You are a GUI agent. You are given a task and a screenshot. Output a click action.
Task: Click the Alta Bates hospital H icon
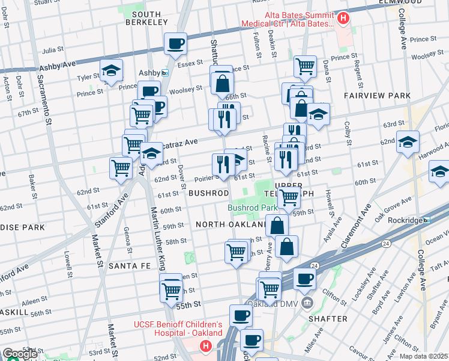(343, 19)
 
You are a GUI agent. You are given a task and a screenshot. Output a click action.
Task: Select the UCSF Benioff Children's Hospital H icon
(206, 346)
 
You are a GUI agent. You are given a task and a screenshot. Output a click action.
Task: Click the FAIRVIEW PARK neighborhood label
(377, 96)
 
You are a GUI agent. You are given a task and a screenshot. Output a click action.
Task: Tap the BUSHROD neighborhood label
(208, 193)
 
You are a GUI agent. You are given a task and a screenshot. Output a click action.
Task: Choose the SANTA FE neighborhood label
(129, 265)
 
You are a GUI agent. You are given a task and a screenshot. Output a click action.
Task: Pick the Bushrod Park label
(247, 208)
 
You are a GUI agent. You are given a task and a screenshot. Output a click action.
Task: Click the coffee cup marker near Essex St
(176, 43)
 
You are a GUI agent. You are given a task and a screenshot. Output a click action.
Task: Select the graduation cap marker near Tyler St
(111, 70)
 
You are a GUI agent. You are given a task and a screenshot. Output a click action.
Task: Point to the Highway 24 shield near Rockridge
(385, 242)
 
